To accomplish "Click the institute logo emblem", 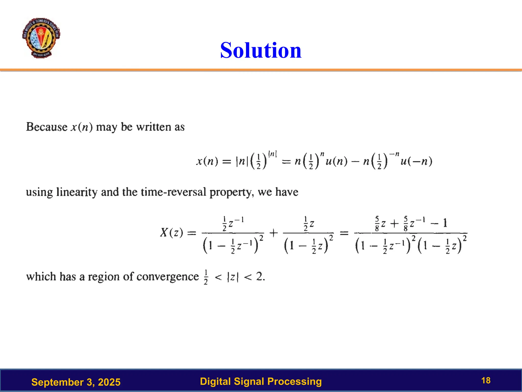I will tap(41, 38).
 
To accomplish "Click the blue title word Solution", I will tap(261, 50).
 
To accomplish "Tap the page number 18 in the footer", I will tap(486, 381).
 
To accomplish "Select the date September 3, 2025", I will tap(76, 382).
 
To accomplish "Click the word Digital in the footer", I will tap(215, 381).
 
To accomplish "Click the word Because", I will tap(47, 127).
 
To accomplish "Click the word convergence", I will tap(168, 277).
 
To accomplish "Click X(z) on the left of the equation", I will tap(171, 232).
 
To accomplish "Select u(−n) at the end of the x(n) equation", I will tap(416, 161).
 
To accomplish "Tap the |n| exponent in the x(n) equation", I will tap(272, 154).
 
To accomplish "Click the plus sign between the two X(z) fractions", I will tap(273, 232).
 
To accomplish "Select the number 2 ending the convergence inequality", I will tap(259, 276).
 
